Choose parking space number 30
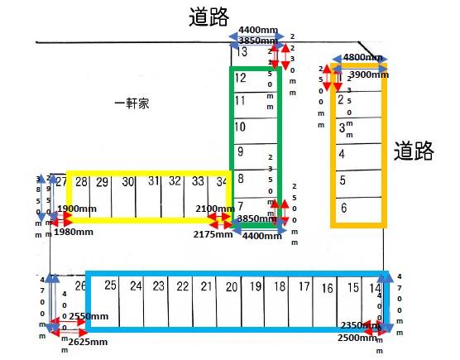(x=128, y=182)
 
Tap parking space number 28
(x=81, y=182)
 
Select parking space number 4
(x=342, y=154)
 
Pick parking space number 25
(x=110, y=286)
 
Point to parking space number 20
(x=232, y=287)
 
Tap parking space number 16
(x=328, y=288)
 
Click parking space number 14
(x=376, y=288)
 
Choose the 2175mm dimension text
(x=214, y=235)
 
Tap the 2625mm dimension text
(x=88, y=341)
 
